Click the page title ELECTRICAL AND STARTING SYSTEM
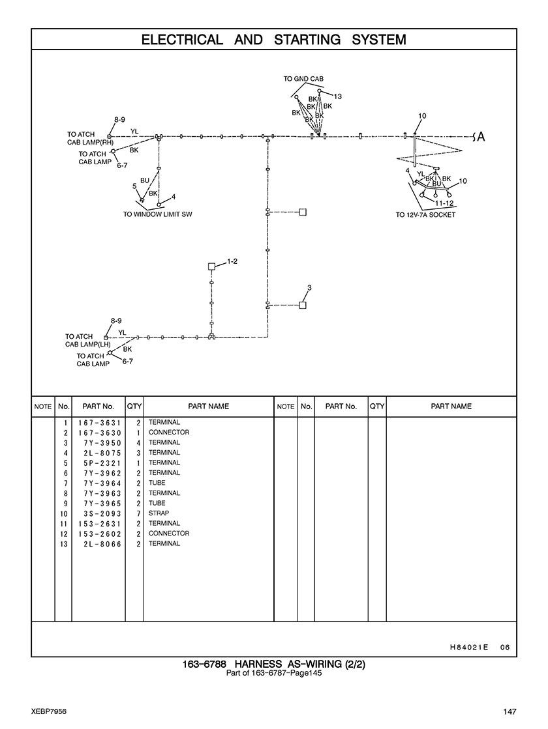click(273, 40)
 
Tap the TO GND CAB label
click(303, 79)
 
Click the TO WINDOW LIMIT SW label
click(158, 214)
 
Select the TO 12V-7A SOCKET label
click(425, 215)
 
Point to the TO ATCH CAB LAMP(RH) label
click(90, 138)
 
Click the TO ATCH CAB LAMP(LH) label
click(88, 340)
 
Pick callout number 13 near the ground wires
click(338, 96)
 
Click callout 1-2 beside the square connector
click(232, 261)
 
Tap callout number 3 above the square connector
click(309, 287)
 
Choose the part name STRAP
click(159, 513)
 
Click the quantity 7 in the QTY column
click(138, 513)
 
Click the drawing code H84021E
click(469, 647)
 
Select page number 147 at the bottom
click(510, 711)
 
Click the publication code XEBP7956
click(48, 711)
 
